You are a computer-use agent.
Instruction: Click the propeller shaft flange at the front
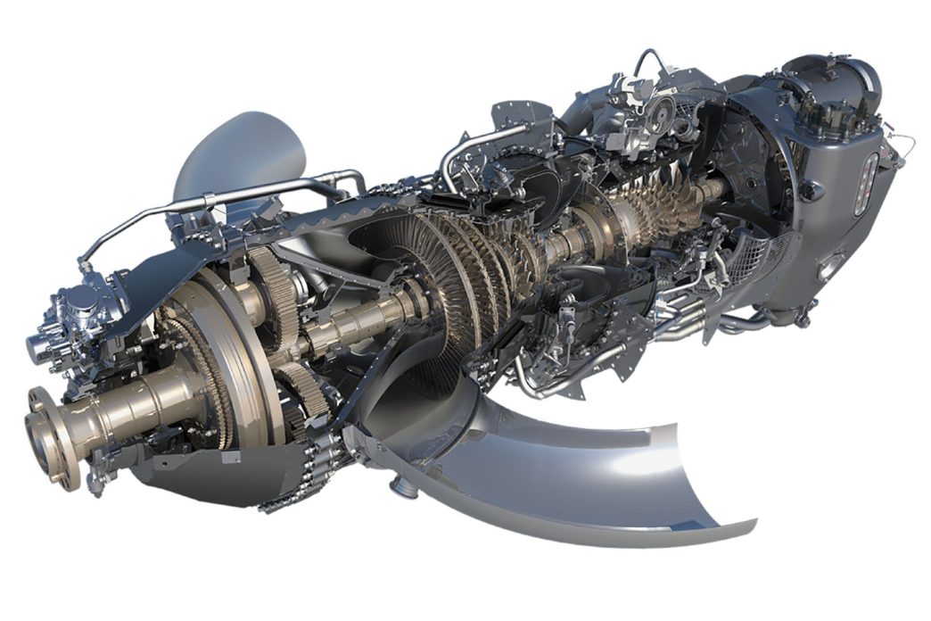49,437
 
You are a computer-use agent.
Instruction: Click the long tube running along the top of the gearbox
223,201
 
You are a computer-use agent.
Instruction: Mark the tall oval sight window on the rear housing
862,184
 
